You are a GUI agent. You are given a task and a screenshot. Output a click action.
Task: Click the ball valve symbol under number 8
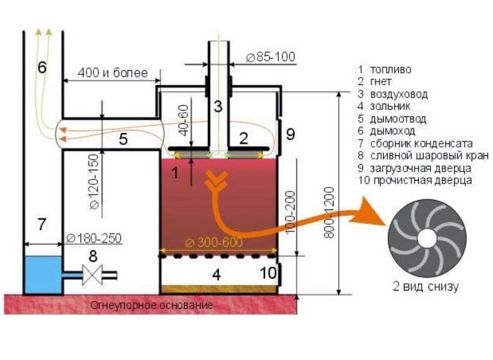(91, 276)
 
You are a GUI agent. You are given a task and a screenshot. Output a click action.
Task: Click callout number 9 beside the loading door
(290, 135)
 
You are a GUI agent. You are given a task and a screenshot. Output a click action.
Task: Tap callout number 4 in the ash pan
(216, 275)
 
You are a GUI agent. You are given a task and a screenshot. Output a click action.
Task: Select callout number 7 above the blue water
(42, 223)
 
